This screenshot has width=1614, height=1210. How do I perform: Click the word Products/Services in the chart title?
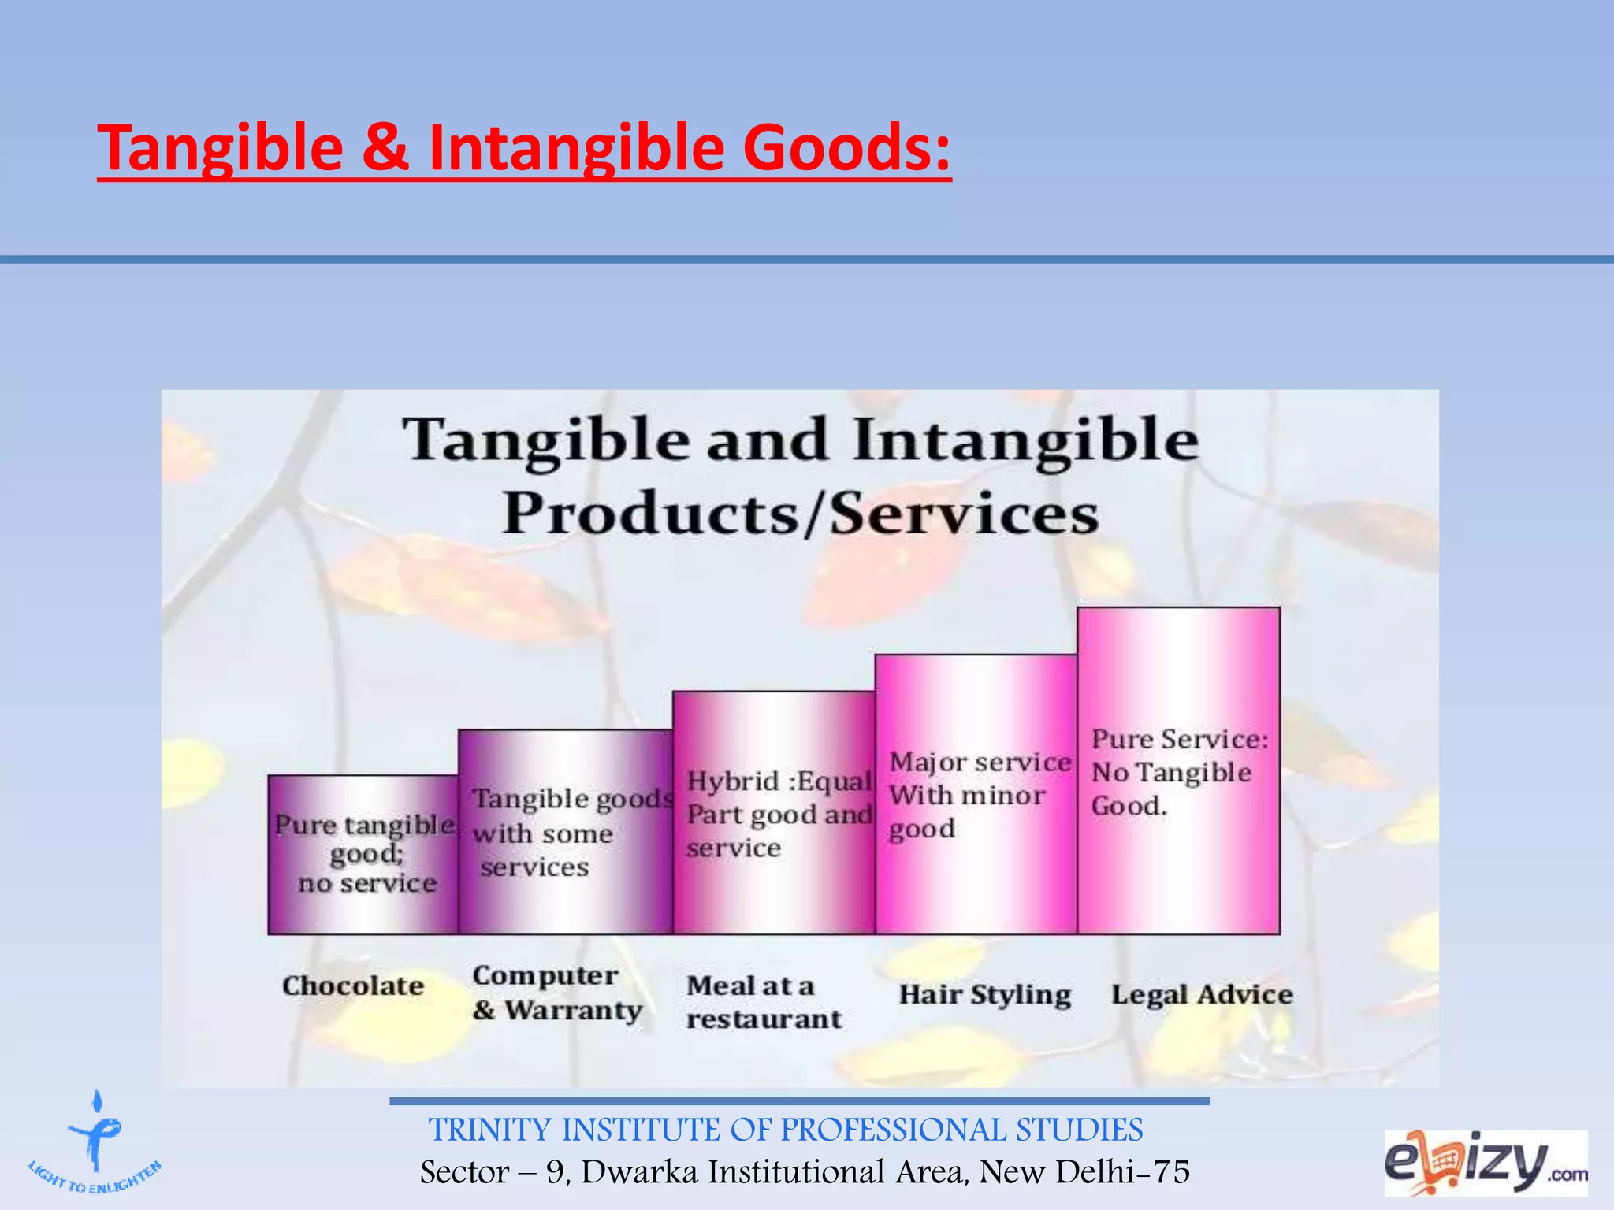(x=800, y=514)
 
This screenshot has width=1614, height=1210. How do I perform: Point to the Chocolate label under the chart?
(x=353, y=985)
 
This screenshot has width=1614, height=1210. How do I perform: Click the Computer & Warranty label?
(x=556, y=993)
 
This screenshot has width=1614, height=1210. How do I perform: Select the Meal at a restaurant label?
(x=763, y=1002)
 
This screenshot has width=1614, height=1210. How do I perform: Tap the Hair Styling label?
(x=985, y=994)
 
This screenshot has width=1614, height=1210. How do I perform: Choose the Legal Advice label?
(x=1202, y=994)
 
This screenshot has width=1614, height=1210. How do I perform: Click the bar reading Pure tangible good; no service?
(x=363, y=855)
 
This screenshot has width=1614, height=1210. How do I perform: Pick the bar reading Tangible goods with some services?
(x=566, y=833)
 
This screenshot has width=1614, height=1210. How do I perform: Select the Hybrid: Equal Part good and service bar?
(x=774, y=814)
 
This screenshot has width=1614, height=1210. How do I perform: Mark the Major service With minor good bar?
(x=976, y=795)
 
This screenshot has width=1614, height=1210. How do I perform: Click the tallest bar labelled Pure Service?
(x=1179, y=771)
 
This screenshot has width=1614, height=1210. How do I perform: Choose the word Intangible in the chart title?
(x=1025, y=440)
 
